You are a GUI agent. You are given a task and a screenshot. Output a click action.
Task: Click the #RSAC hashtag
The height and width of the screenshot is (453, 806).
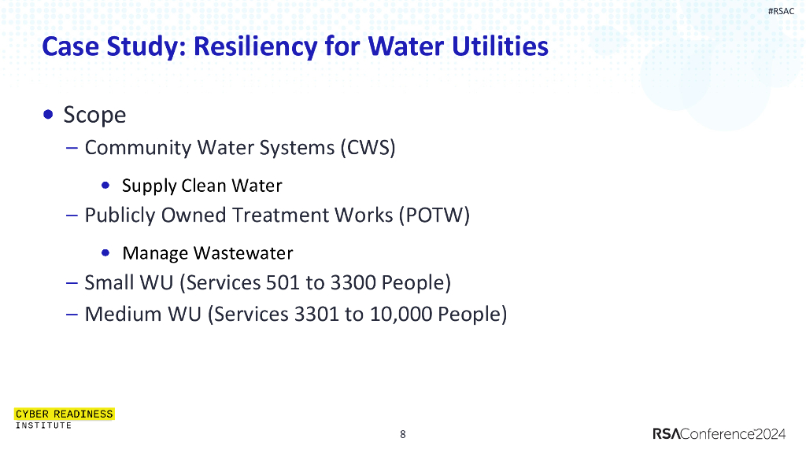(780, 11)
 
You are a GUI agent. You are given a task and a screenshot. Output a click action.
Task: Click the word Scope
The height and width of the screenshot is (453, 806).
(94, 115)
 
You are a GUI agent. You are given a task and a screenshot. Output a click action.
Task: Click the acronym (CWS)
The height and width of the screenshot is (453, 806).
(368, 148)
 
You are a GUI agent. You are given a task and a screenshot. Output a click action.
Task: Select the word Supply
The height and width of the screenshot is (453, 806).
(149, 186)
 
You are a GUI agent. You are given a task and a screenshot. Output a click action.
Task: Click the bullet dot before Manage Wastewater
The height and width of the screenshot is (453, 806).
(106, 252)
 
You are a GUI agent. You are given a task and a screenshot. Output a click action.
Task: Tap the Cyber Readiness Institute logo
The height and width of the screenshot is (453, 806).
(64, 418)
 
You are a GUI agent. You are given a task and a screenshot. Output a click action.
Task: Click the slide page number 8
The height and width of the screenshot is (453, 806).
(403, 434)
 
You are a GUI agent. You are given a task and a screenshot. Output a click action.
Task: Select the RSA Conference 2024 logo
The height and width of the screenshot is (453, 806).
(718, 434)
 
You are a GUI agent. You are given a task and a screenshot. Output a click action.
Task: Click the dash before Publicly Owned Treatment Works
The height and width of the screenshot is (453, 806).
(72, 215)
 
